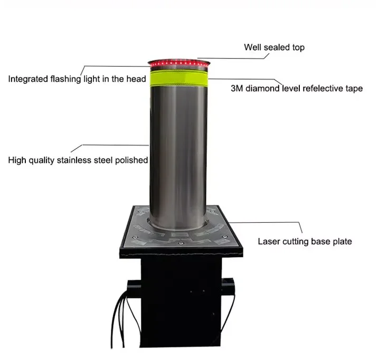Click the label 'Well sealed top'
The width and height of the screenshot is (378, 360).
[x=274, y=48]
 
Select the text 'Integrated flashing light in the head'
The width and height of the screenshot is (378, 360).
[x=77, y=79]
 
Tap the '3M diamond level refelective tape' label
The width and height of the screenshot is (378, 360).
[x=297, y=88]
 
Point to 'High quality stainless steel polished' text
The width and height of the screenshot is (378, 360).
[x=78, y=160]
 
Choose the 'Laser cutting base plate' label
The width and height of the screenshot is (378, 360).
[x=305, y=242]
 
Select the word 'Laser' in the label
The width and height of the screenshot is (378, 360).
[x=269, y=242]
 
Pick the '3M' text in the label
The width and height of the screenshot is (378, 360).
[x=238, y=88]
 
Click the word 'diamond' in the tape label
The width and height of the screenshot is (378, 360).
[x=263, y=88]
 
